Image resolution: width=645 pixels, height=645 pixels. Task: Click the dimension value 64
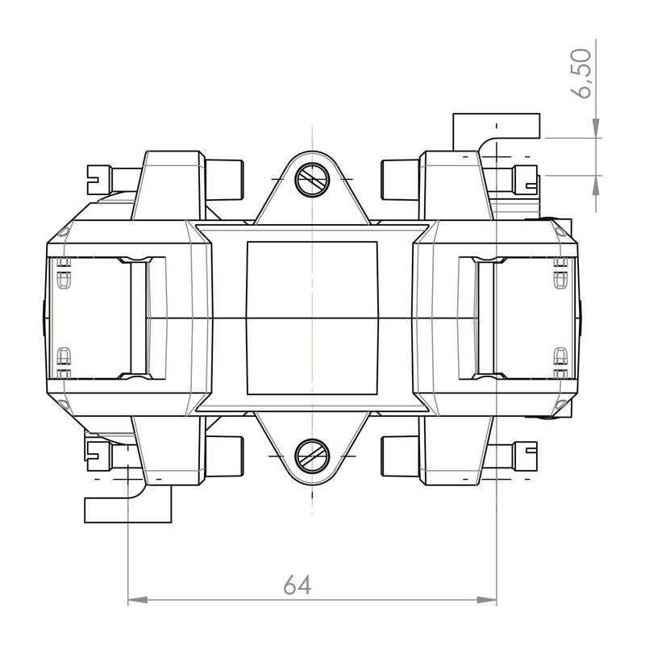click(x=297, y=585)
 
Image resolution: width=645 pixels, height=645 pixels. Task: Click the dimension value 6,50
click(x=582, y=73)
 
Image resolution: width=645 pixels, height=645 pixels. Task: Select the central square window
click(x=311, y=318)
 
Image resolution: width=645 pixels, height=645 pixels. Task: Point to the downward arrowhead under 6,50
click(x=596, y=129)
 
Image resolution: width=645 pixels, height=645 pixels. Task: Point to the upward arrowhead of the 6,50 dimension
click(x=596, y=184)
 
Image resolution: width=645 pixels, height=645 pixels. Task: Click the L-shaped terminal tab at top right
click(x=493, y=128)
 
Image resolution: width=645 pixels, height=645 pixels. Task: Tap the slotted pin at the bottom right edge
click(x=525, y=455)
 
